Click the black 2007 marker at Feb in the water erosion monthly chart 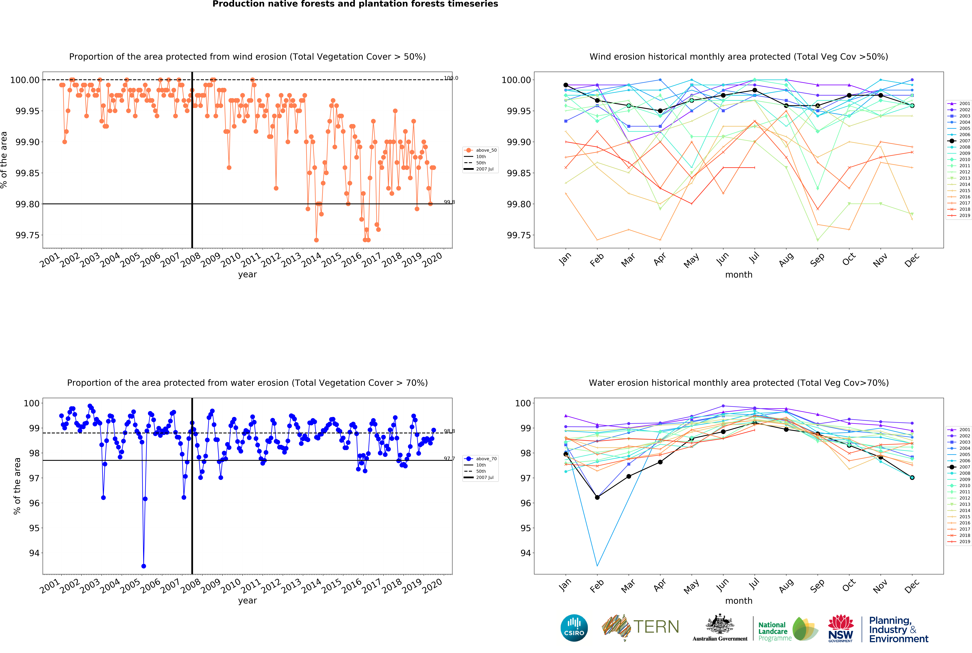pos(597,497)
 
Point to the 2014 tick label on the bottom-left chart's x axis pos(311,586)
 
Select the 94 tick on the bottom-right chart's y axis pos(524,553)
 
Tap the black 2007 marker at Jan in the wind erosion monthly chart pos(566,85)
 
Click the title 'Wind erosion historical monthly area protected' pos(738,57)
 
